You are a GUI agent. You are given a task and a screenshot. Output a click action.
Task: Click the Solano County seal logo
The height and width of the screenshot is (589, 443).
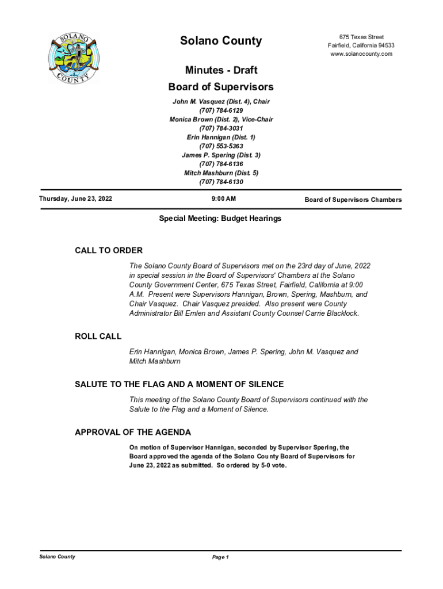coord(73,56)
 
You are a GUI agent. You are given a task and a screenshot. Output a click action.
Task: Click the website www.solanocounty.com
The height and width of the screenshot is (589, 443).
coord(361,54)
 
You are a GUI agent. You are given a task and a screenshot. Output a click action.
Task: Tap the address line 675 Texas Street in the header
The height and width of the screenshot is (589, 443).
coord(361,37)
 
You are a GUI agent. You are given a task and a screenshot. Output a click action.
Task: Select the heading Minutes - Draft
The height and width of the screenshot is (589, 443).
coord(221,70)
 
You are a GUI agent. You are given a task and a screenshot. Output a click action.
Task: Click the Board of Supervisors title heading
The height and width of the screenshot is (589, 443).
coord(221,87)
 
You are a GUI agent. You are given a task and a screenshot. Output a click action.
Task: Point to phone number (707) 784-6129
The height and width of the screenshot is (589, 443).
coord(221,110)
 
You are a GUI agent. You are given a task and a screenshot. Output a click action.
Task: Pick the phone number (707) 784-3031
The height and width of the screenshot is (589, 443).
coord(221,128)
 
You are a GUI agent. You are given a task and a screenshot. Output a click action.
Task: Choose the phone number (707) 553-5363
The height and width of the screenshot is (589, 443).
coord(221,146)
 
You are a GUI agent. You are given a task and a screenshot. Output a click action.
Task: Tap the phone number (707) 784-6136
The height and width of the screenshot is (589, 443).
coord(221,164)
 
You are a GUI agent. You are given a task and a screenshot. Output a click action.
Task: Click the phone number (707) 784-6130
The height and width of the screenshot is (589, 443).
coord(221,182)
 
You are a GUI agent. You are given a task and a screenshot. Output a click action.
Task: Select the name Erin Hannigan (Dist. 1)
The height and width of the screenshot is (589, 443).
coord(221,137)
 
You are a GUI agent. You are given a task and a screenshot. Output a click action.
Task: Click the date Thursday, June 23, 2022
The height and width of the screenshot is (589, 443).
coord(75,199)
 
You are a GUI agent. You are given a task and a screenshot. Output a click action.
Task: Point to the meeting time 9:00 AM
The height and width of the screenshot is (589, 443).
coord(220,199)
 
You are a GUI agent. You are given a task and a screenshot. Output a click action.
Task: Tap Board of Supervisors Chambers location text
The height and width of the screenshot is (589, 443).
coord(353,200)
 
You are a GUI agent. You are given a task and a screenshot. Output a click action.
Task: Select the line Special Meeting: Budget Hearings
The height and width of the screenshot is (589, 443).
coord(220,219)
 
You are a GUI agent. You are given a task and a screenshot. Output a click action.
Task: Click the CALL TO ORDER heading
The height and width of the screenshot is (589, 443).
coord(109,251)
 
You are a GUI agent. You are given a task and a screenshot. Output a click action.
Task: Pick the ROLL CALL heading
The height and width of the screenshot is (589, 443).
coord(98,336)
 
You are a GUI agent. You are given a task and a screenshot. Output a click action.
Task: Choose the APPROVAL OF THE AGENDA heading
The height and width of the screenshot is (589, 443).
coord(133,432)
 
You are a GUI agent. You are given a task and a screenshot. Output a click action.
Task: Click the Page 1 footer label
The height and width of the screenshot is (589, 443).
coord(221,557)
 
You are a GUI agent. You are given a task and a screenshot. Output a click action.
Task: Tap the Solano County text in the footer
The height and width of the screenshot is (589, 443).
coord(57,557)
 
